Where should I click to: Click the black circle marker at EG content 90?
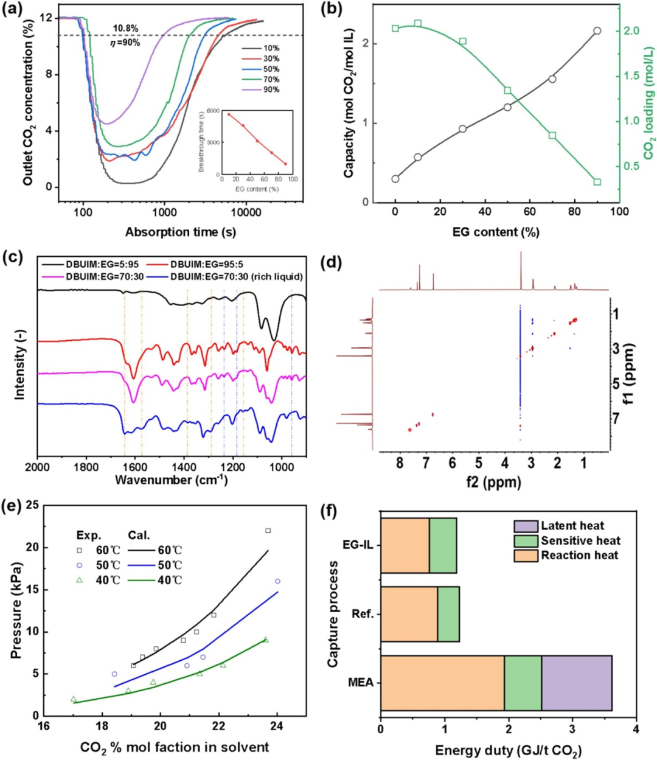tap(597, 30)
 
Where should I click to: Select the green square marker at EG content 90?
tap(597, 182)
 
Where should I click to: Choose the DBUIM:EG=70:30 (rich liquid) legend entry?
tap(237, 277)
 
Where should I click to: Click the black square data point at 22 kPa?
tap(268, 531)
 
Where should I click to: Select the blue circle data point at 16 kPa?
tap(277, 582)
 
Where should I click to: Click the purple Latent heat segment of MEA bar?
tap(576, 683)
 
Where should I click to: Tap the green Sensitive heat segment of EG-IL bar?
tap(443, 545)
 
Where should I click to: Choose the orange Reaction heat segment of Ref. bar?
tap(409, 614)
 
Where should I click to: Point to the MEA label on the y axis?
tap(360, 683)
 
